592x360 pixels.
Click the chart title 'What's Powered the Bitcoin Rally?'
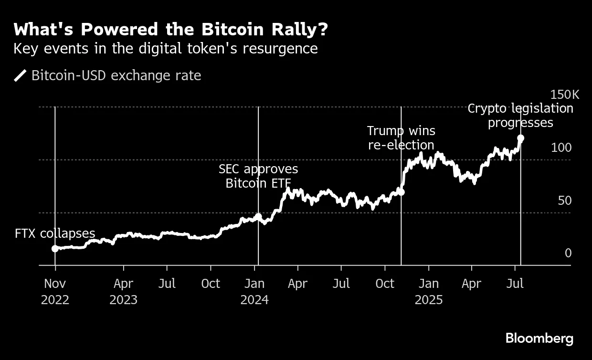pos(171,30)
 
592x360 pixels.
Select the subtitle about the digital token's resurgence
pos(166,49)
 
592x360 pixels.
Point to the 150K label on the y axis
pos(564,95)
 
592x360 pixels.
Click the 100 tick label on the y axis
pos(561,148)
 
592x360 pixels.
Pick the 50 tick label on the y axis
pos(564,201)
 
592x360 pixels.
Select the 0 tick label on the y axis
pos(568,253)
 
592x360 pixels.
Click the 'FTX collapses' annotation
pos(55,233)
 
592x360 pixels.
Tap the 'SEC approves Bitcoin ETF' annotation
pos(258,176)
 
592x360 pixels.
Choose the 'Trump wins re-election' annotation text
pos(401,138)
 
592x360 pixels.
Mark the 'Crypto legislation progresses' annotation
pos(520,116)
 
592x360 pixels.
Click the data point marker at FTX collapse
pos(55,248)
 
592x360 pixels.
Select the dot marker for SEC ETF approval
pos(258,216)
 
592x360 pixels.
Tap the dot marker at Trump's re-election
pos(401,192)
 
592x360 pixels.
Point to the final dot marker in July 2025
pos(521,138)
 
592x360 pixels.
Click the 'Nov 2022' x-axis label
pos(55,291)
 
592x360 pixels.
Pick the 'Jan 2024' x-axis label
pos(254,291)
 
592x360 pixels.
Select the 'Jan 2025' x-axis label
pos(429,291)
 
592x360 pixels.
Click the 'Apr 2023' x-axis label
pos(123,291)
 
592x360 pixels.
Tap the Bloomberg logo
pos(539,339)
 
